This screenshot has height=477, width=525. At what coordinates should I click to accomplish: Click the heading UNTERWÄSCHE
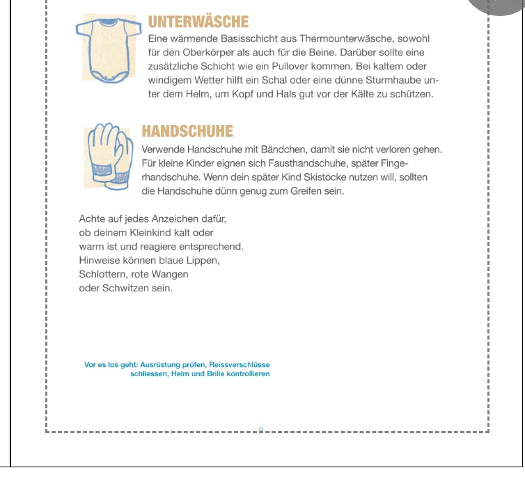(x=198, y=23)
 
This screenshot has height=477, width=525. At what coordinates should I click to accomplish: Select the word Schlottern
(x=102, y=274)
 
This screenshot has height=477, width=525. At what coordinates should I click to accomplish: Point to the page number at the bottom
(x=260, y=429)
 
